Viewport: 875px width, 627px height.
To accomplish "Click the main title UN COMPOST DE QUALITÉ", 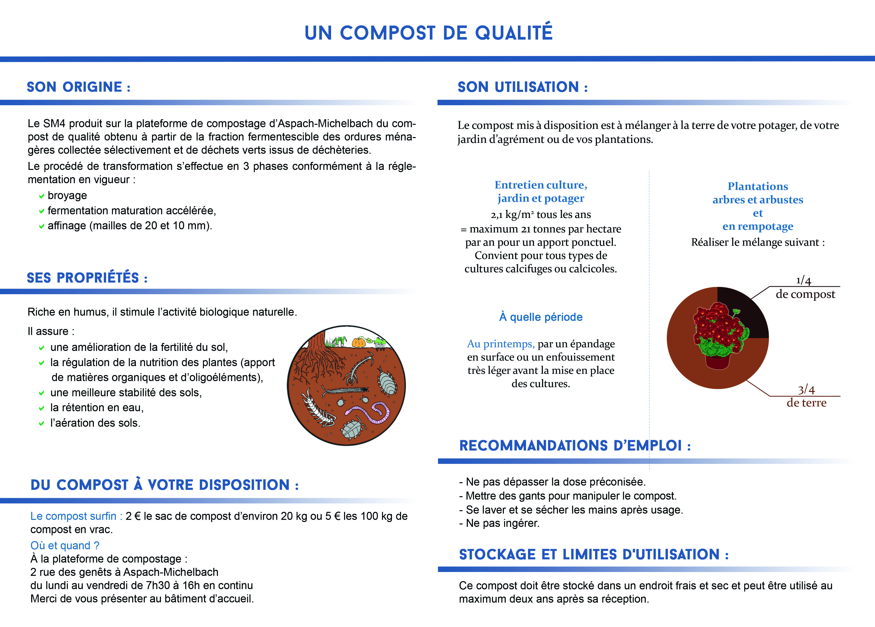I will (428, 33).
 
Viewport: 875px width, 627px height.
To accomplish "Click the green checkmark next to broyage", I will (42, 196).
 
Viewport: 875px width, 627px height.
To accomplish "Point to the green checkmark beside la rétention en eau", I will (42, 408).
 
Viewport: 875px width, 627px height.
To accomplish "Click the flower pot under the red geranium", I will (718, 362).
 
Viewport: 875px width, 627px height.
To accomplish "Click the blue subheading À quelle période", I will (541, 317).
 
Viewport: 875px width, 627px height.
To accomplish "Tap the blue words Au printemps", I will (500, 344).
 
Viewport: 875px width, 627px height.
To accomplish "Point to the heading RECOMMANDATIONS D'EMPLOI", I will (575, 446).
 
